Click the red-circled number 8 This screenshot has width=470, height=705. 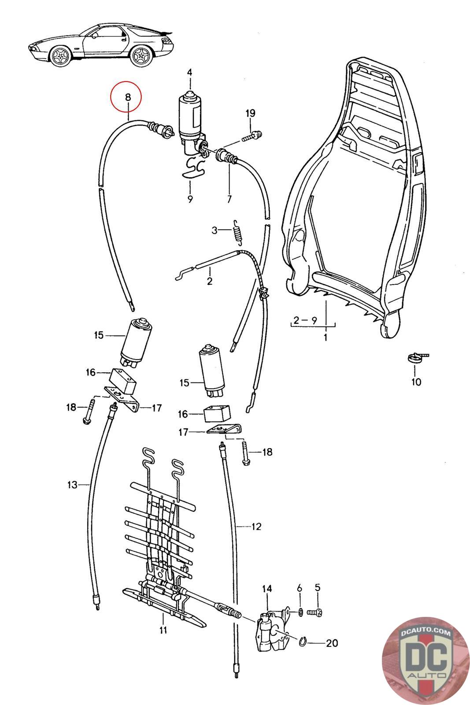click(128, 97)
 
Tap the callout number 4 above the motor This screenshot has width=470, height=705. click(189, 72)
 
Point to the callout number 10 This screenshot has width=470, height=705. click(416, 382)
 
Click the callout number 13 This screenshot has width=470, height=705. click(72, 485)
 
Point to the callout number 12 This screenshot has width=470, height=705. click(256, 526)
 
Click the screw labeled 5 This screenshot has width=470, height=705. click(316, 612)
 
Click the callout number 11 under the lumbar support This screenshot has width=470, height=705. click(163, 630)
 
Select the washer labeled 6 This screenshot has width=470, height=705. click(300, 612)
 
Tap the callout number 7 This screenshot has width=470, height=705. click(229, 199)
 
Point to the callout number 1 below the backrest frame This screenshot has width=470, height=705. click(326, 338)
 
